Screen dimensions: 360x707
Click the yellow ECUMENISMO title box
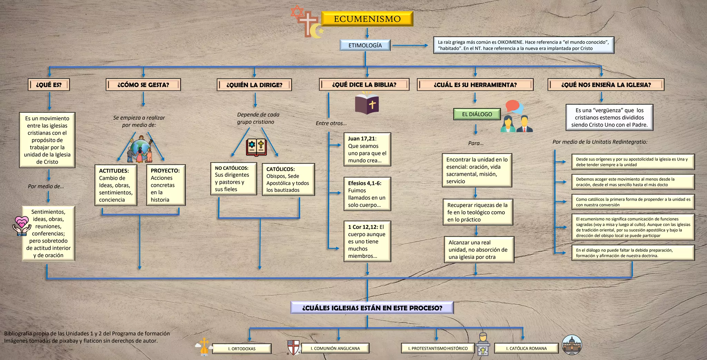click(x=367, y=19)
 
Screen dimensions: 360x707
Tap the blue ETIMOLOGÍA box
click(x=365, y=45)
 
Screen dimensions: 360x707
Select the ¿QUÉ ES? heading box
click(x=49, y=85)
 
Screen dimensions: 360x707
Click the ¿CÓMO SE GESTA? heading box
click(x=143, y=85)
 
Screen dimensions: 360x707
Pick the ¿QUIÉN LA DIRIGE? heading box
click(x=254, y=85)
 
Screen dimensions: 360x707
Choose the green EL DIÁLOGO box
click(x=477, y=114)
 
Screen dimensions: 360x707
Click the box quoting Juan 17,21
click(x=367, y=149)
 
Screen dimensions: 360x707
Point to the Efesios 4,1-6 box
click(x=367, y=194)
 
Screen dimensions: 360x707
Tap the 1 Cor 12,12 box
click(x=367, y=241)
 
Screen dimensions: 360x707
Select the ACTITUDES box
click(x=116, y=185)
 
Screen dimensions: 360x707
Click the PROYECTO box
click(x=165, y=185)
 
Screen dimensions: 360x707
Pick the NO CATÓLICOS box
click(x=233, y=179)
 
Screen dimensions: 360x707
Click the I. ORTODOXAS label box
click(x=242, y=349)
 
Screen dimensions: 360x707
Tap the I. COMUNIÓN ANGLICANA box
click(x=335, y=348)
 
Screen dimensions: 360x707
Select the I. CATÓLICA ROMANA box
click(x=526, y=348)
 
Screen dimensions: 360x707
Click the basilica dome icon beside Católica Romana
click(x=572, y=345)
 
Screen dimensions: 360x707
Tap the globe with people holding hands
click(x=140, y=150)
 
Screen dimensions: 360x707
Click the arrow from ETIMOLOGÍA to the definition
click(x=410, y=45)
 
